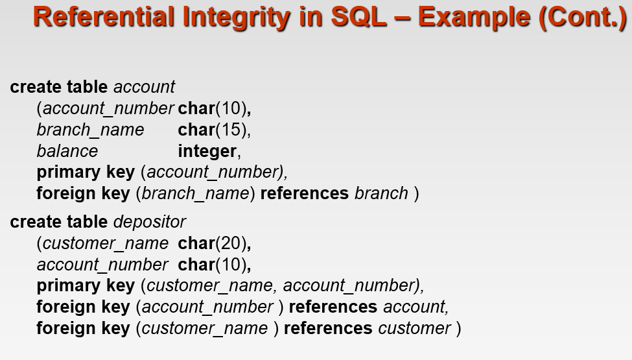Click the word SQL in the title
(x=358, y=17)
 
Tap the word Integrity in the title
(x=236, y=18)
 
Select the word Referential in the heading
(x=104, y=17)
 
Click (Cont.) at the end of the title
(x=583, y=18)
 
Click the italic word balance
(x=67, y=151)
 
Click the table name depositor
(x=150, y=222)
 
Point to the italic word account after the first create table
(x=145, y=87)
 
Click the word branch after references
(x=381, y=193)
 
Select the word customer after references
(x=414, y=328)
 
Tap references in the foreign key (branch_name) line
(x=304, y=193)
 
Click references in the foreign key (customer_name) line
(x=328, y=328)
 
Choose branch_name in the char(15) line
(x=90, y=130)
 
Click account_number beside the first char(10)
(x=108, y=109)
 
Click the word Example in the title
(x=474, y=18)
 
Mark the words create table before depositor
(x=59, y=222)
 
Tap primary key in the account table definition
(x=86, y=173)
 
